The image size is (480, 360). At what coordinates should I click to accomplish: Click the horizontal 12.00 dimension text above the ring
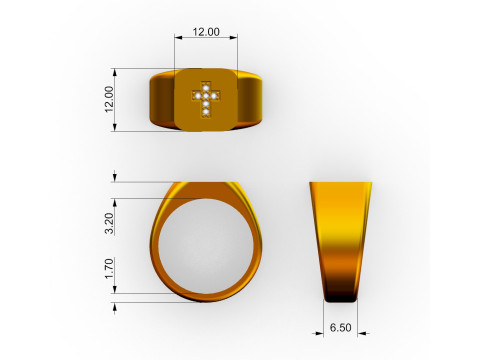[206, 32]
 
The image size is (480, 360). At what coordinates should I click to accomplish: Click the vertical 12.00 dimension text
[110, 99]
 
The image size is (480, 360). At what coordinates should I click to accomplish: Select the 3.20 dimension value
[110, 223]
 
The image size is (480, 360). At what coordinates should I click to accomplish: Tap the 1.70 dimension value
[110, 268]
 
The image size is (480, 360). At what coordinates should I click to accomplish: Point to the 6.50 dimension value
[341, 327]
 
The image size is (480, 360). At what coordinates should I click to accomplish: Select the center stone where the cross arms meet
[206, 95]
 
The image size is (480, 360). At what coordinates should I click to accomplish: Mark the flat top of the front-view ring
[205, 185]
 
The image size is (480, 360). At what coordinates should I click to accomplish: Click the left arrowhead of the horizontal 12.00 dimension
[178, 39]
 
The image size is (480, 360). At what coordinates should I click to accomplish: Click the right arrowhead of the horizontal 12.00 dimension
[235, 39]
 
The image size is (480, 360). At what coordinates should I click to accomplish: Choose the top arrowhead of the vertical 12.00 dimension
[118, 71]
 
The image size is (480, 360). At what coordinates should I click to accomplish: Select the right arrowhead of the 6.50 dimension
[356, 334]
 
